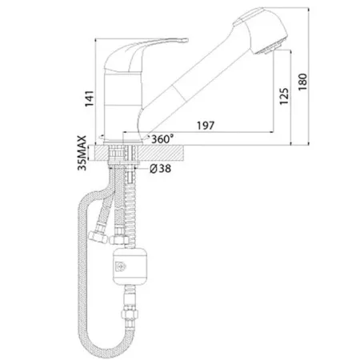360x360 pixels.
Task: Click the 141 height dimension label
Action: point(90,98)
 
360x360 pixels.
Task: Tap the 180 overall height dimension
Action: point(302,82)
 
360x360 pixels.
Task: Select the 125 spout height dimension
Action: point(284,96)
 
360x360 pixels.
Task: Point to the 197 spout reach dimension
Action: point(206,126)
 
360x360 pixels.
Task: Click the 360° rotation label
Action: point(162,139)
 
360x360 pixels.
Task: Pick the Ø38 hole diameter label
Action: point(160,169)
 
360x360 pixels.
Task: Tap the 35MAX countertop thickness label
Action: point(82,153)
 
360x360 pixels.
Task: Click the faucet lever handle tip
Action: point(186,40)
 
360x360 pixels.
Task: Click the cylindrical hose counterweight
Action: point(130,266)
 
